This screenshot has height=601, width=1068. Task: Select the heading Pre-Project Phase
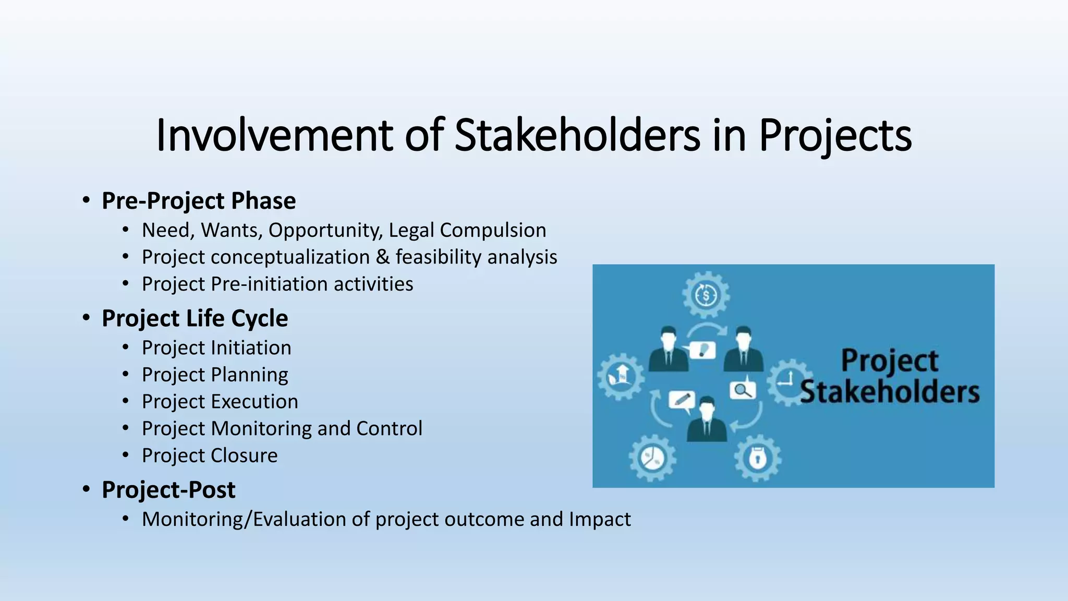199,201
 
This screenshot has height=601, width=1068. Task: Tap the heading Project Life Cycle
195,318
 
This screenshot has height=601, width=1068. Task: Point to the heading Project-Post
168,490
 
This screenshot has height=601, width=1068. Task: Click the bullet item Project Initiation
216,348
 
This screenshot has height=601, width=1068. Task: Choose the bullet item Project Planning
215,375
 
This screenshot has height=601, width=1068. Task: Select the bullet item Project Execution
220,402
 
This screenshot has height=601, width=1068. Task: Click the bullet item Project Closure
210,455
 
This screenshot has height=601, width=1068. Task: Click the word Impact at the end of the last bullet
600,519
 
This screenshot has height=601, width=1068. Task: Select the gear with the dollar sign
706,295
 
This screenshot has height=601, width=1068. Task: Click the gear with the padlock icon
757,458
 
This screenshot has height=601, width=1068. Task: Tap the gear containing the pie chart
652,459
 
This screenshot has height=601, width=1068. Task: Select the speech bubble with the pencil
682,400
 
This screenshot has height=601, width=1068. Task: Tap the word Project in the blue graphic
889,360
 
